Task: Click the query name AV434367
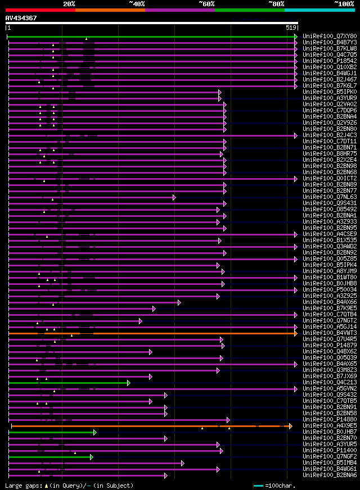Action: pos(21,18)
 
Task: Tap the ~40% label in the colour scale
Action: pos(137,4)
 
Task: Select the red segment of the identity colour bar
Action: pos(40,10)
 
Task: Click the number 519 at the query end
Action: pos(291,27)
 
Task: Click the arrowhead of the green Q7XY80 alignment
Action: pos(295,37)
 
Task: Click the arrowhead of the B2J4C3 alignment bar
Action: pos(295,135)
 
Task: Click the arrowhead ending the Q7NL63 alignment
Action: pos(174,197)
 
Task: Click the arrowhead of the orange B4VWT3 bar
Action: pos(295,333)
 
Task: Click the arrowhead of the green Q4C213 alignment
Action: pos(128,383)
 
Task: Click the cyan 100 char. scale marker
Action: pos(258,486)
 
